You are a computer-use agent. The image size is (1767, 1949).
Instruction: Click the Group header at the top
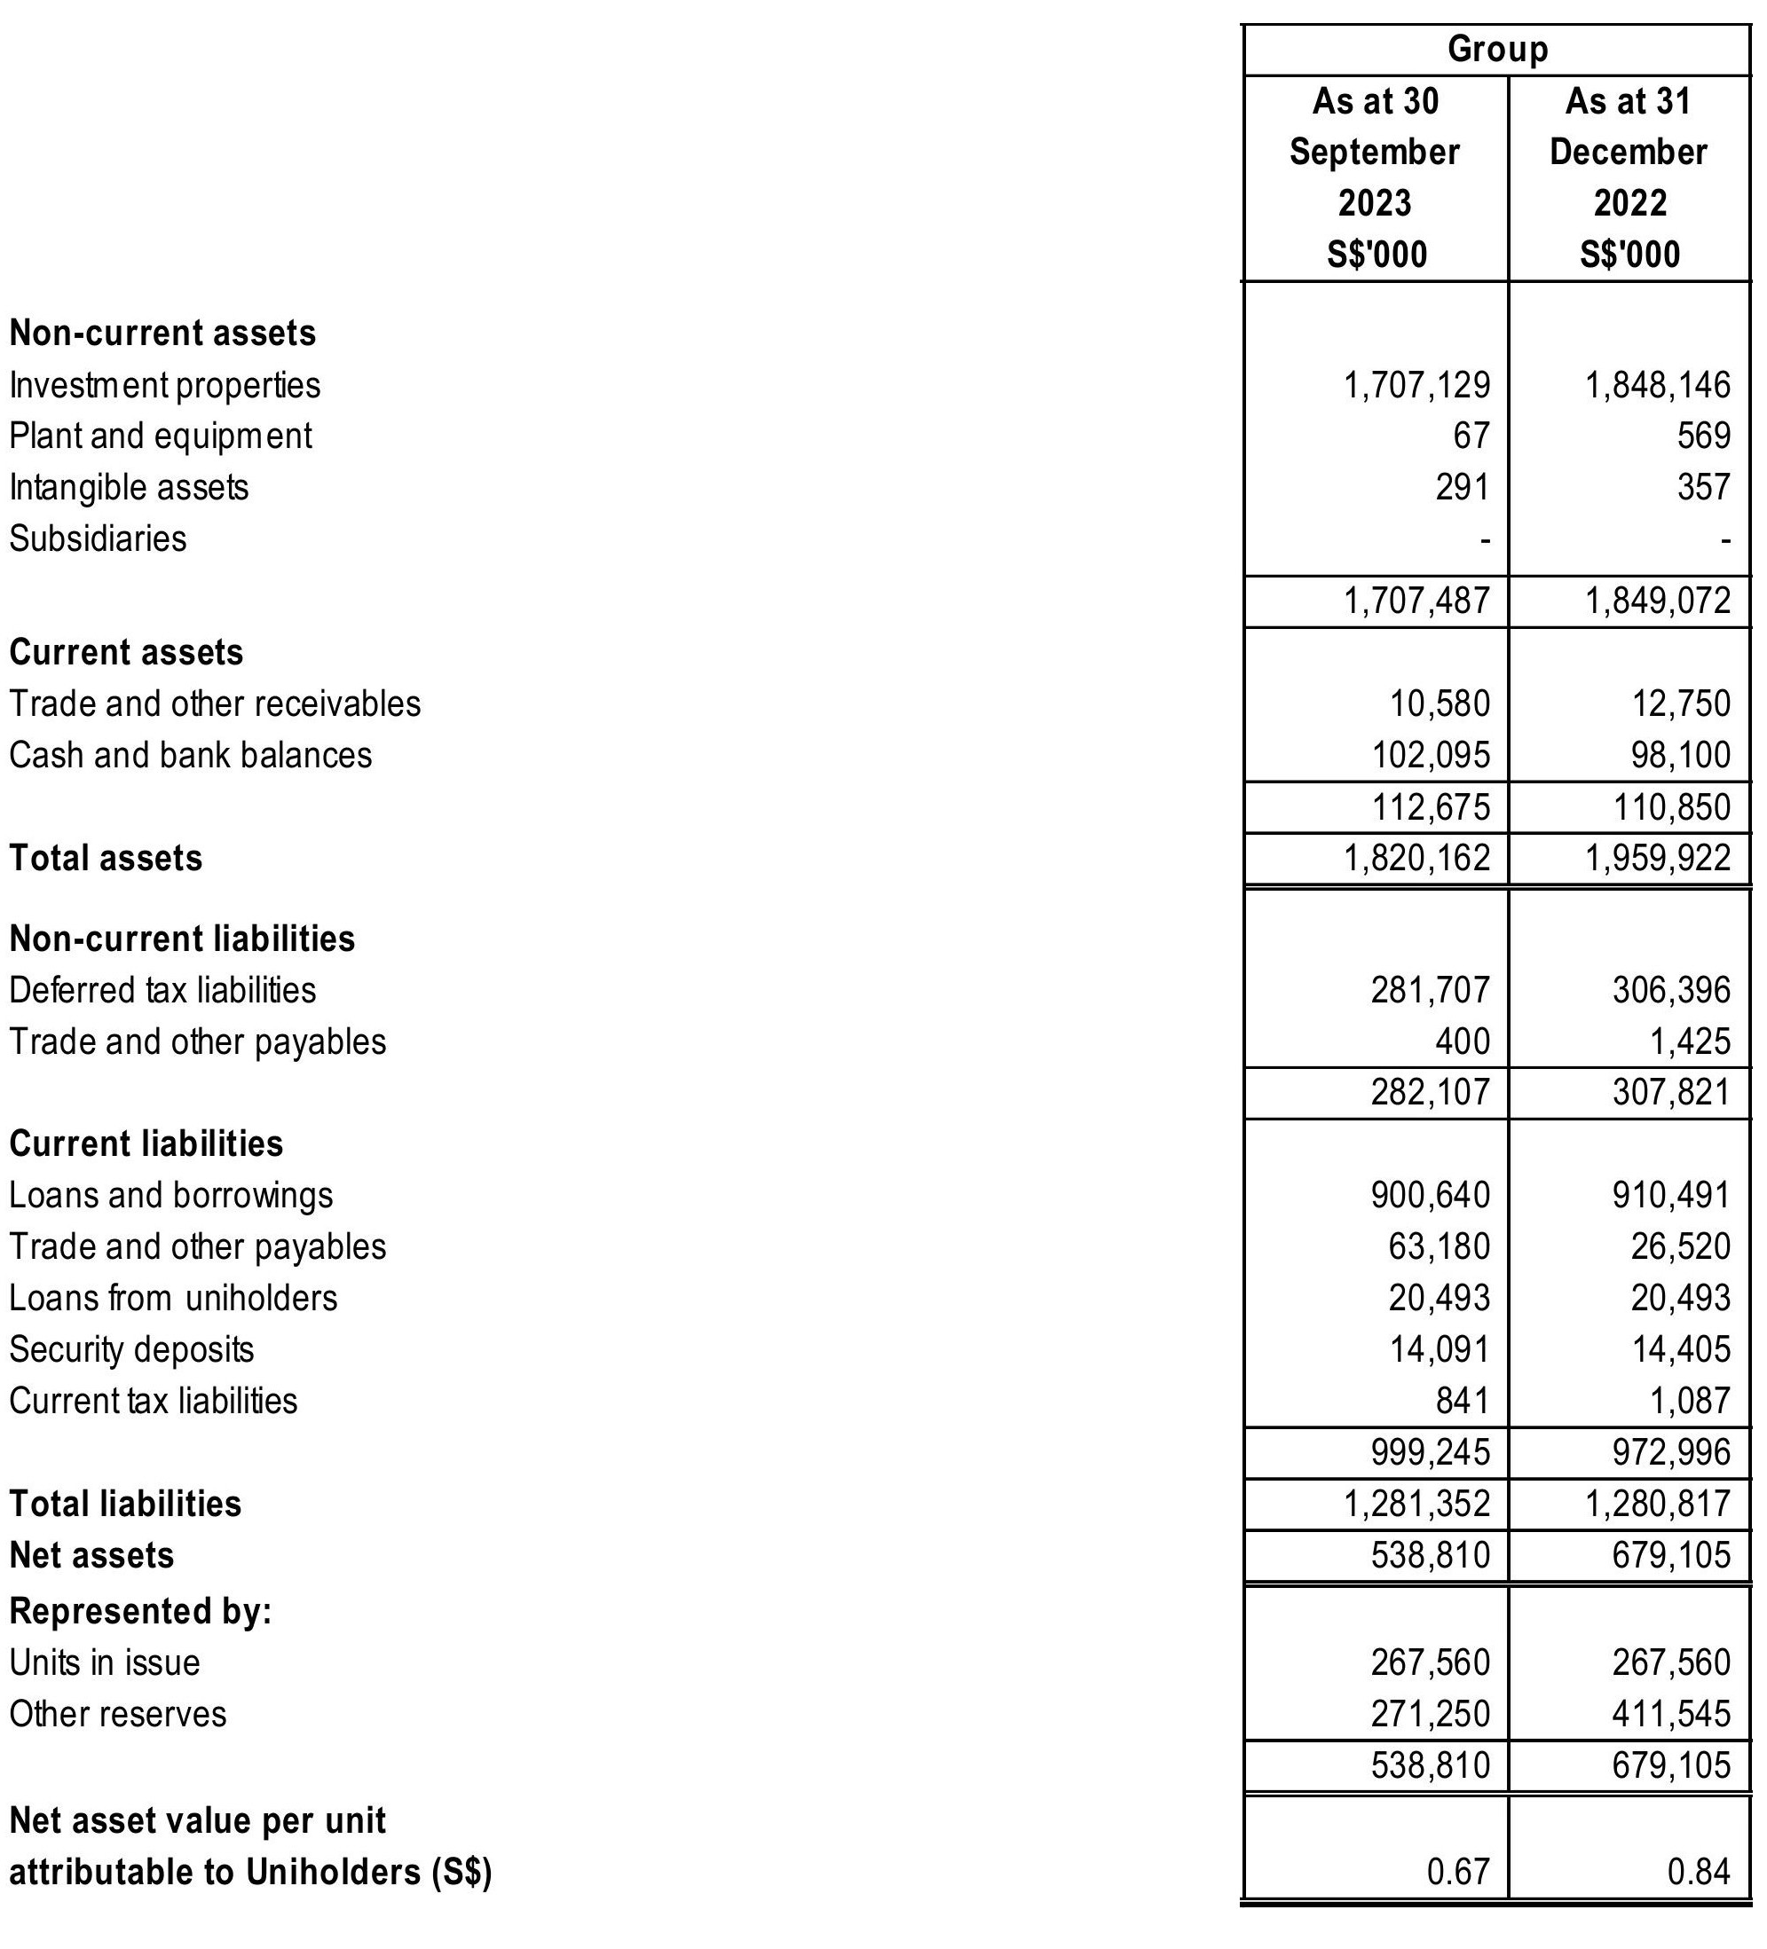[x=1496, y=48]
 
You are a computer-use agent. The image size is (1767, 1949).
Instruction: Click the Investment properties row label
[x=164, y=385]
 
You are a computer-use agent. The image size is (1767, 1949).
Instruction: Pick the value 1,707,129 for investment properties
[x=1417, y=385]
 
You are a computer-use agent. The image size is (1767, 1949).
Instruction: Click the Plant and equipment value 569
[x=1703, y=436]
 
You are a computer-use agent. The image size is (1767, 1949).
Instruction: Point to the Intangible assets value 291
[x=1463, y=487]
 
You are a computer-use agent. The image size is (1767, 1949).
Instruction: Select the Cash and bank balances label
[x=191, y=755]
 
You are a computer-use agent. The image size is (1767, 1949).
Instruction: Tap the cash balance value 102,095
[x=1432, y=755]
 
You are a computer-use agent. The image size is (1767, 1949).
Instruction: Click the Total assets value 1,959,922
[x=1658, y=859]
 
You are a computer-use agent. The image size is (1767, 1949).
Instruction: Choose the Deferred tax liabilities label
[x=162, y=990]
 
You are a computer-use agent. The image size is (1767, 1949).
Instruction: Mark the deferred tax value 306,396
[x=1671, y=990]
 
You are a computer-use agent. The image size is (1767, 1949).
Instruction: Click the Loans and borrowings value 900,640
[x=1431, y=1196]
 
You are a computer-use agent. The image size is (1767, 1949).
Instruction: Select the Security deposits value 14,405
[x=1681, y=1349]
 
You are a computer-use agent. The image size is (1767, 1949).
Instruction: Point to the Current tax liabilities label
[x=153, y=1401]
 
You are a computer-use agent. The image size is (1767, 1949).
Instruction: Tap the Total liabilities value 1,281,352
[x=1417, y=1505]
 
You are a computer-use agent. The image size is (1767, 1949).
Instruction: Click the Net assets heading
[x=92, y=1555]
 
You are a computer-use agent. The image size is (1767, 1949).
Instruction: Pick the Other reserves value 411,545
[x=1671, y=1714]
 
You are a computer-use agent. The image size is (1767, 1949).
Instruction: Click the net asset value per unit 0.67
[x=1457, y=1873]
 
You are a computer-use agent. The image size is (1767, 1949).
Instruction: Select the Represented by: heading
[x=140, y=1612]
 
